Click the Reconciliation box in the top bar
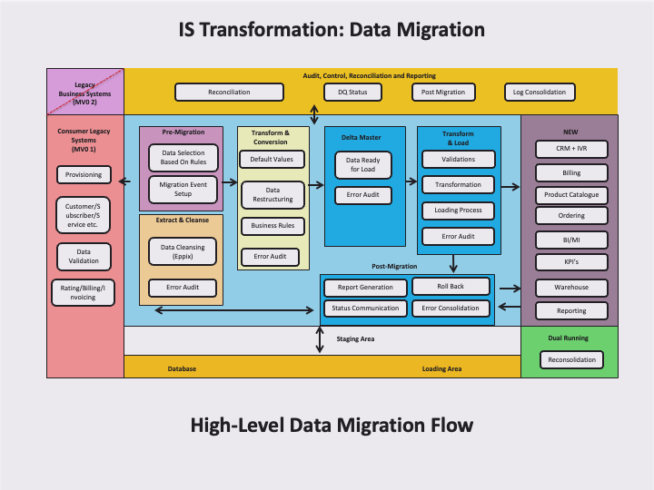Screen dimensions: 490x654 (228, 92)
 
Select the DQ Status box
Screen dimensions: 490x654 (352, 92)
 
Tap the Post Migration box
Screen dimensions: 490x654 (443, 92)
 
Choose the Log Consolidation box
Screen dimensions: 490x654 (539, 92)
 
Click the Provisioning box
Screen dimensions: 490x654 (84, 174)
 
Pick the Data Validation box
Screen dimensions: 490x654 (84, 255)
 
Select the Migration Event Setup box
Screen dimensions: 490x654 (183, 189)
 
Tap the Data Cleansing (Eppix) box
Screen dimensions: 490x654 (183, 251)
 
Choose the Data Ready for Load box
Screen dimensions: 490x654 (362, 164)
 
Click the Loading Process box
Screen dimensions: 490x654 (458, 211)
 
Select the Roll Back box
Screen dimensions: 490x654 (451, 286)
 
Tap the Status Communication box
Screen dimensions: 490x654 (364, 308)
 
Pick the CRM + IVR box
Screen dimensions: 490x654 (570, 148)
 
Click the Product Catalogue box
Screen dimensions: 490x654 (570, 195)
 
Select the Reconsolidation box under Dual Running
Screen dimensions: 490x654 (571, 359)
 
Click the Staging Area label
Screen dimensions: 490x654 (355, 338)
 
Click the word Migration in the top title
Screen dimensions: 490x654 (436, 30)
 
